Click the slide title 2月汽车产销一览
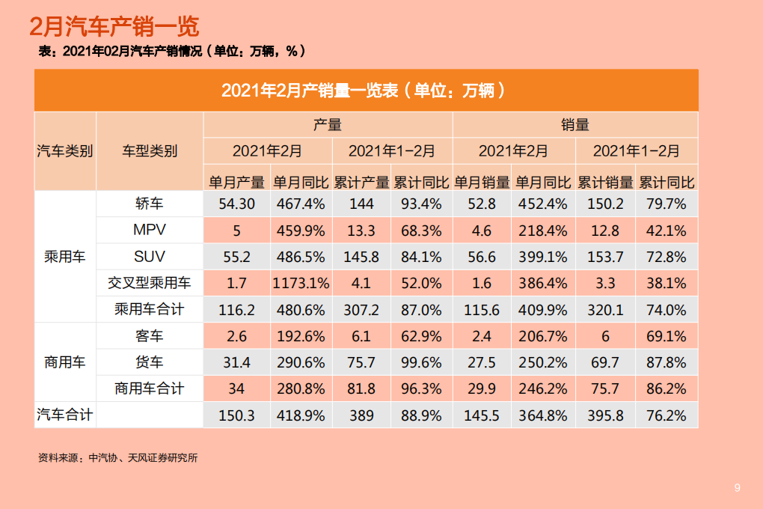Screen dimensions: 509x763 coord(114,27)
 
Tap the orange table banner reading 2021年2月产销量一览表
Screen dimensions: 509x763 coord(366,91)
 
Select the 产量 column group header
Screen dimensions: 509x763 coord(327,125)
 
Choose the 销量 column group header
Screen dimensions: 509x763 coord(574,125)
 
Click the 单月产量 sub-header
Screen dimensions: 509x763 coord(236,182)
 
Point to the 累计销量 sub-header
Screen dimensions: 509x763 coord(604,182)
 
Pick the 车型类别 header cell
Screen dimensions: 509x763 coord(150,151)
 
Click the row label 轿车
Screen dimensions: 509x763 coord(149,204)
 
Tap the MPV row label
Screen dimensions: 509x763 coord(149,230)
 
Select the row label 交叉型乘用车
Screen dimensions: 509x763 coord(149,283)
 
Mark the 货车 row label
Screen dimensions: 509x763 coord(149,362)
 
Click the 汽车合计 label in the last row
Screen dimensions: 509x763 coord(65,415)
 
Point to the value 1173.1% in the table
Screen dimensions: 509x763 coord(301,283)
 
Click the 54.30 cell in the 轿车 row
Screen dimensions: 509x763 coord(236,204)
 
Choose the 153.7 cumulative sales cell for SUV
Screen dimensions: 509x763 coord(604,257)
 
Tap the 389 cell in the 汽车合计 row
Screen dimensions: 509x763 coord(361,415)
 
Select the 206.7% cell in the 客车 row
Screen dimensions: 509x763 coord(543,336)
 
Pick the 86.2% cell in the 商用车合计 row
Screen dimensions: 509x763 coord(666,388)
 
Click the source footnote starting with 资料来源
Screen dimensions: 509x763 coord(117,458)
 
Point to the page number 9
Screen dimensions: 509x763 coord(737,488)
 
